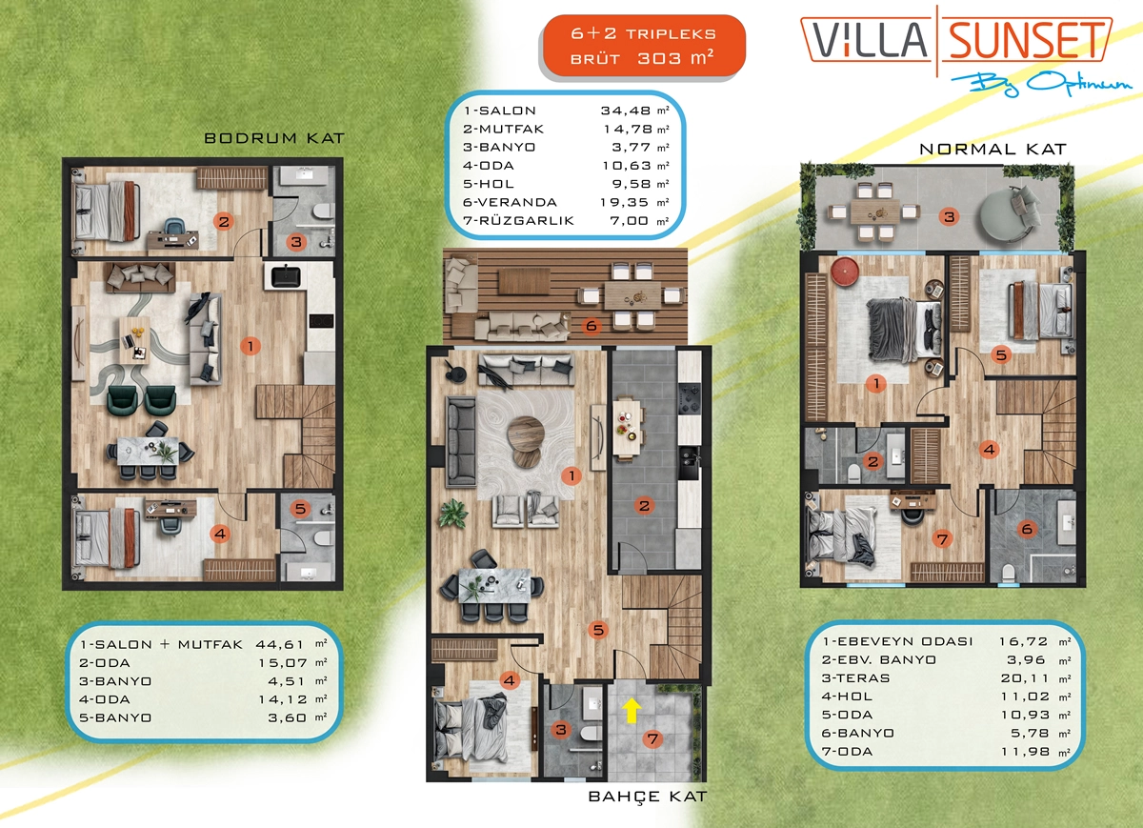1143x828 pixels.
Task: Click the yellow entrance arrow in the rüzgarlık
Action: click(x=632, y=711)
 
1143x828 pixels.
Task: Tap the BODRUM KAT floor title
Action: click(x=274, y=138)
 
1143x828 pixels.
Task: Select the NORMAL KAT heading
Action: click(x=993, y=149)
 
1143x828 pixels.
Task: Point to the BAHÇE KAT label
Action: click(x=648, y=797)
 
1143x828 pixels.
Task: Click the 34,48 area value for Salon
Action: click(x=626, y=111)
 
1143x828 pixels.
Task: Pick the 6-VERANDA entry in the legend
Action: click(x=510, y=202)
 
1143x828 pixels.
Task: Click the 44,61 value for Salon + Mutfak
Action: click(x=280, y=644)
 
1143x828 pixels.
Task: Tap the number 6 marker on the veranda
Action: click(x=592, y=326)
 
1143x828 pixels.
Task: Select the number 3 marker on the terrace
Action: click(x=949, y=217)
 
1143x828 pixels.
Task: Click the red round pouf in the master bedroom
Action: click(x=845, y=271)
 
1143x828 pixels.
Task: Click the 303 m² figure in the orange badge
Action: click(x=675, y=58)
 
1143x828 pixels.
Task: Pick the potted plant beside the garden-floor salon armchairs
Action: click(x=452, y=513)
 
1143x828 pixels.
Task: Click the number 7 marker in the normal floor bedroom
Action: click(x=942, y=539)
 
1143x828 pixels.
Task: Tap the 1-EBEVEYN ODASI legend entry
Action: click(x=897, y=641)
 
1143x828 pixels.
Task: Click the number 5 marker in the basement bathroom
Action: click(x=301, y=509)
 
